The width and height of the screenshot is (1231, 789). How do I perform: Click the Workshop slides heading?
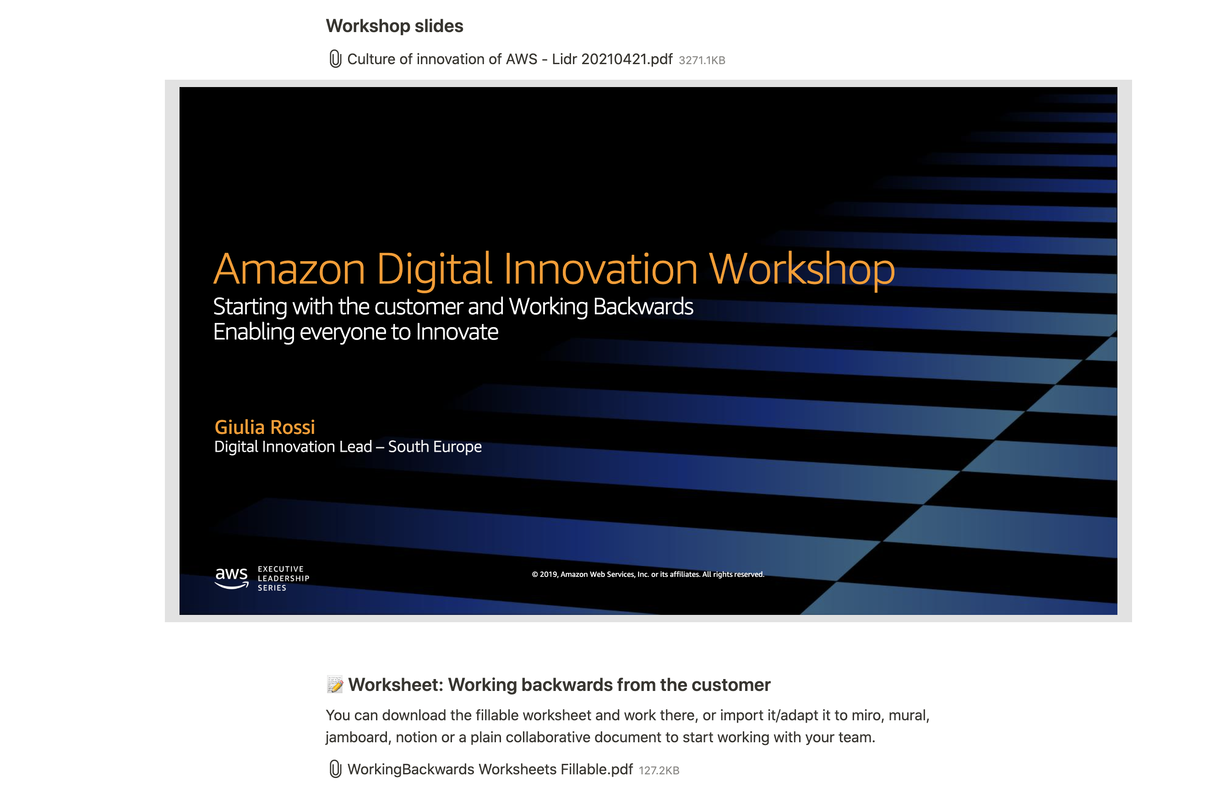(394, 26)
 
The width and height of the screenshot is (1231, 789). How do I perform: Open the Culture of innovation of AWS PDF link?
(510, 60)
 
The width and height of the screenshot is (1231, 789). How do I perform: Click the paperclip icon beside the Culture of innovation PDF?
(335, 59)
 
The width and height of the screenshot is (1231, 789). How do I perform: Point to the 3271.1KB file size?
(702, 60)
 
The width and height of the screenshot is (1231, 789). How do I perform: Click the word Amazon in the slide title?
(289, 269)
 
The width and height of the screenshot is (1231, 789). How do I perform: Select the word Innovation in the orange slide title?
(601, 269)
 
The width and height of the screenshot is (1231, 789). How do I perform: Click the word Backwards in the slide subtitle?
(643, 307)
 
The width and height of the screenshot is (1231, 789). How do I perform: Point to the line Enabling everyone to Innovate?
(355, 332)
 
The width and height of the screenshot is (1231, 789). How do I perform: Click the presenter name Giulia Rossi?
(265, 427)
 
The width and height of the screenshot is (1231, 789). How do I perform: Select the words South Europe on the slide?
(435, 447)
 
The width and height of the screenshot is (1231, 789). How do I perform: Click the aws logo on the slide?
(231, 578)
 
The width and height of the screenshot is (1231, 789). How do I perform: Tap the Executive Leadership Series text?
(283, 578)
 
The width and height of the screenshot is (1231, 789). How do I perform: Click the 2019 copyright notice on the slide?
(648, 574)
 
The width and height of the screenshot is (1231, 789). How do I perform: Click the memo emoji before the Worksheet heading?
(335, 685)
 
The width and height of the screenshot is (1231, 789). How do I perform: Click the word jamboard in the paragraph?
(358, 737)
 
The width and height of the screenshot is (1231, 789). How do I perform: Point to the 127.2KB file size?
(659, 771)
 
